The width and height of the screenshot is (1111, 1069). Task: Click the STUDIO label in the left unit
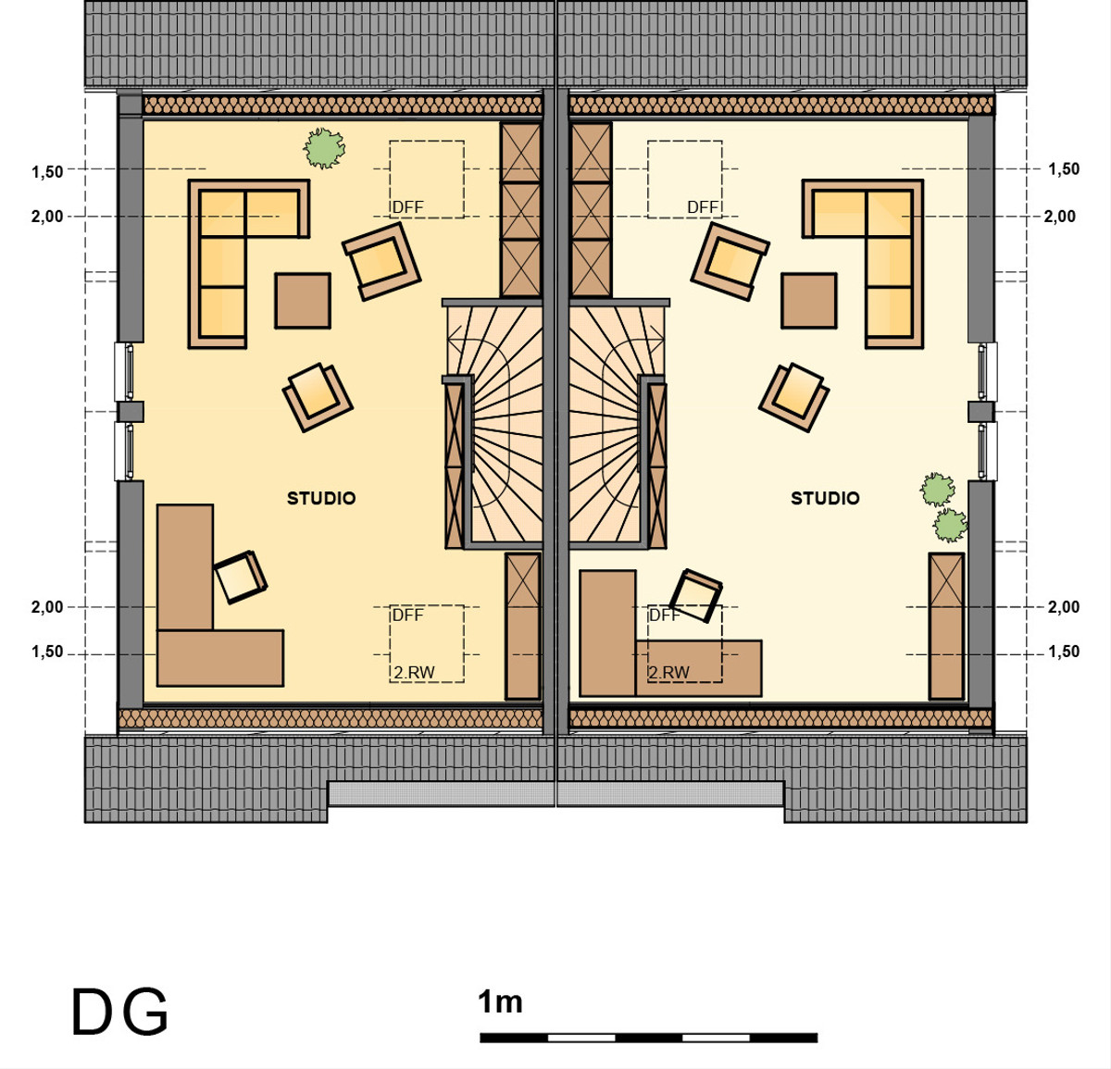321,498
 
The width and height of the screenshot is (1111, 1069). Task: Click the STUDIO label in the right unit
825,498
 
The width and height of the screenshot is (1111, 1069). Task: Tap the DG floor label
119,1012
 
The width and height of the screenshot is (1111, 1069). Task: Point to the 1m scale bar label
500,1002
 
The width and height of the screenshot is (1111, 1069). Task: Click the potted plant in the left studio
324,148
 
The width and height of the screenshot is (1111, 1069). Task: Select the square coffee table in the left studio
303,301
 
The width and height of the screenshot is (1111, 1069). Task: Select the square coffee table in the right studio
809,301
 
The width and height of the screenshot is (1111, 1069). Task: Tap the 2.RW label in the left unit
414,673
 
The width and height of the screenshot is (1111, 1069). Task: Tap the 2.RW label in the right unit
668,673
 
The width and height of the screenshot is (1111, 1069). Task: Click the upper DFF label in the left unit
407,207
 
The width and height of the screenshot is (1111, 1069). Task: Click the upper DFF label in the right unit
702,207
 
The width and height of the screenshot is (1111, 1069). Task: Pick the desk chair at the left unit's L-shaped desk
241,577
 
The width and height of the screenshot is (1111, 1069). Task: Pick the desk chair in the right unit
695,596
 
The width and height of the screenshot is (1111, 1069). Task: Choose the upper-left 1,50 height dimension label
47,172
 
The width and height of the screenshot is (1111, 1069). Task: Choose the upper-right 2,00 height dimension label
1060,217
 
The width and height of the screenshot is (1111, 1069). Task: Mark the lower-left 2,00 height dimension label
47,607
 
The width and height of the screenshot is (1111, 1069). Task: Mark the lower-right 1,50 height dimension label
1064,652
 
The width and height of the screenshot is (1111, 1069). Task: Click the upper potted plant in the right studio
938,490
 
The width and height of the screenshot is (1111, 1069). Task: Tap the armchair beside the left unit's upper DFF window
381,261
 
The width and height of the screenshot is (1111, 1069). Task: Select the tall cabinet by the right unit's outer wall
946,626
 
